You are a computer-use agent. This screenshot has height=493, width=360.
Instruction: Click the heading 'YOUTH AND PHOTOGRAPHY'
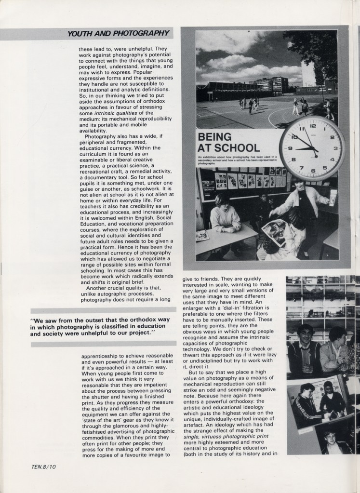[x=118, y=34]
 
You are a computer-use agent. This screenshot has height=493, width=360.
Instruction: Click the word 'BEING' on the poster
[x=214, y=137]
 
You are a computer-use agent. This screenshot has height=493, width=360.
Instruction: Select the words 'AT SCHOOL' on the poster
[x=229, y=147]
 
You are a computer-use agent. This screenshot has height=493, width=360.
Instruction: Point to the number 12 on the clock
[x=313, y=126]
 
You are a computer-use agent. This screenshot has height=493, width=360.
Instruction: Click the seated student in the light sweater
[x=225, y=214]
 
